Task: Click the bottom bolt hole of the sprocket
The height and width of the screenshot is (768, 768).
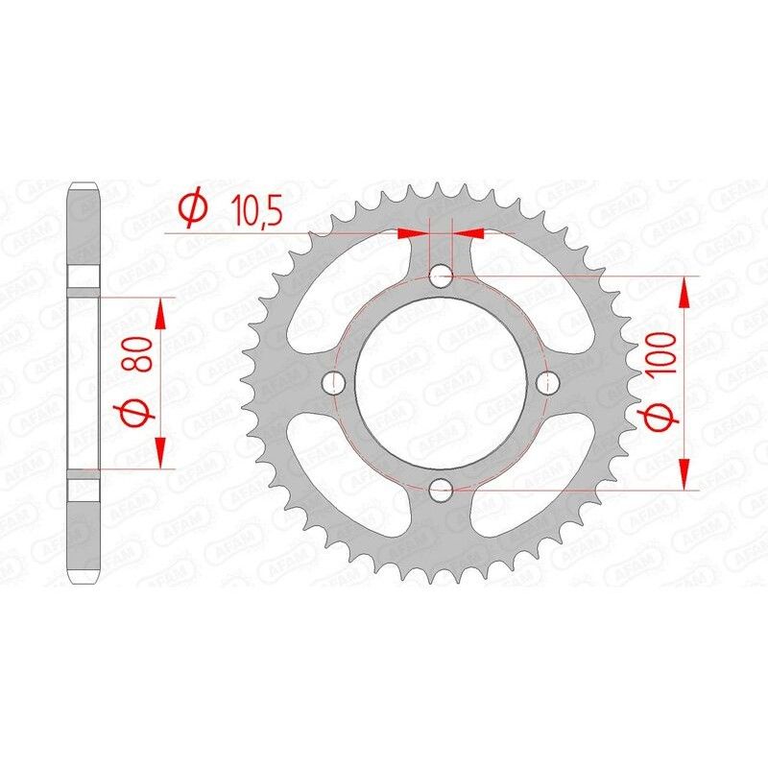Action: tap(441, 492)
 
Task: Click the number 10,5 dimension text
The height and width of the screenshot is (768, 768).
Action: tap(254, 210)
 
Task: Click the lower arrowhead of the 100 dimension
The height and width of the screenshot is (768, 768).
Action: tap(684, 476)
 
